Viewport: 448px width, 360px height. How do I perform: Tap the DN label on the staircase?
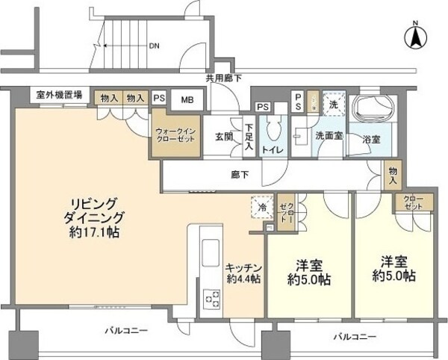pos(154,46)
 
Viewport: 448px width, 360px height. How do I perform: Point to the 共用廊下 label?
pos(223,78)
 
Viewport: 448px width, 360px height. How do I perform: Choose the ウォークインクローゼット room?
pos(177,136)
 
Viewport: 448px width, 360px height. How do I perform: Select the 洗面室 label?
pos(328,137)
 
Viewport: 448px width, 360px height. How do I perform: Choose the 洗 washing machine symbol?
pos(335,105)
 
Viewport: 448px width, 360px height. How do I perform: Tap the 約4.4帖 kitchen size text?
pos(243,279)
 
